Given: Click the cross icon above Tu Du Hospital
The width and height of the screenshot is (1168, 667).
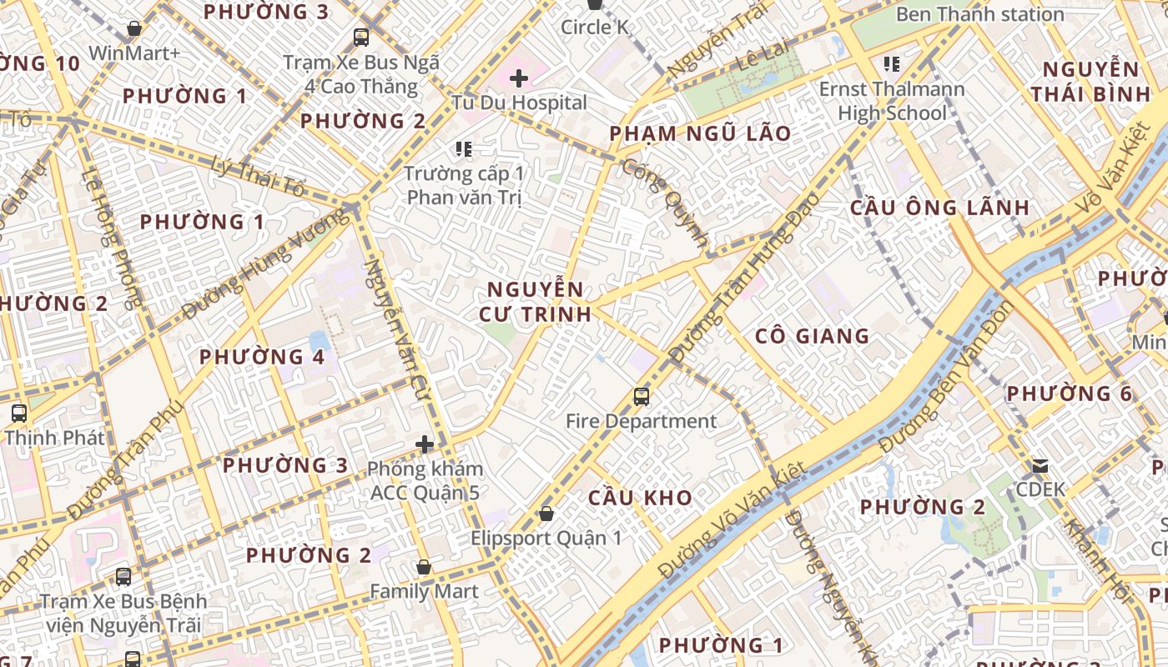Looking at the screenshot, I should (519, 78).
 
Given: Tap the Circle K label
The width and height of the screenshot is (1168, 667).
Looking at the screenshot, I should (595, 28).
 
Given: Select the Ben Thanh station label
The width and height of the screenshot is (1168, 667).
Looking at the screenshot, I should (979, 14).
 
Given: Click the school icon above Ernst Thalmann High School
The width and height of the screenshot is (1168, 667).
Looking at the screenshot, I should (891, 63).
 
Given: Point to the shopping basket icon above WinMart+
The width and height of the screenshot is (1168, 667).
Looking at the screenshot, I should (133, 29).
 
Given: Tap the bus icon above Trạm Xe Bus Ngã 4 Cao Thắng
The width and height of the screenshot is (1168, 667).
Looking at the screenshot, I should (361, 38).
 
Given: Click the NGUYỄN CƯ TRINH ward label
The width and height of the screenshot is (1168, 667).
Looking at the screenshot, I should (535, 302).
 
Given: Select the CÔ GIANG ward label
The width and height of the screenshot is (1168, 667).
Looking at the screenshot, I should (812, 336).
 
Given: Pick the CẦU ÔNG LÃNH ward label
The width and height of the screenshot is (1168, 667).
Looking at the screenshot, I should (939, 208).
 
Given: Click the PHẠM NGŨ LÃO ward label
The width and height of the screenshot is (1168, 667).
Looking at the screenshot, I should (700, 133).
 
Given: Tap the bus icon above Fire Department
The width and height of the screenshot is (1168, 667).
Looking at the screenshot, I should (641, 397).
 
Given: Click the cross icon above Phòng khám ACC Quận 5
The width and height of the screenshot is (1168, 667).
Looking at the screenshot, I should (425, 444).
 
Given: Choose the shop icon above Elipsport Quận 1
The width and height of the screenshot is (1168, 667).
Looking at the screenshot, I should (546, 514).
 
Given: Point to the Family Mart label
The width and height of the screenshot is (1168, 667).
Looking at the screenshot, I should (424, 591).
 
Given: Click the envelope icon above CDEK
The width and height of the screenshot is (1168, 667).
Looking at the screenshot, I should (1040, 465).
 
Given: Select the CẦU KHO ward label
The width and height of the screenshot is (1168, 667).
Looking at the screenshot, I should (640, 498).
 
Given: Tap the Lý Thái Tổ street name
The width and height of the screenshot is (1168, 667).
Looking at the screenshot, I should (259, 176).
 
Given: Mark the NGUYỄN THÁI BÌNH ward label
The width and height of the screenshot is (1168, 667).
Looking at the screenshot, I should (1090, 81).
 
